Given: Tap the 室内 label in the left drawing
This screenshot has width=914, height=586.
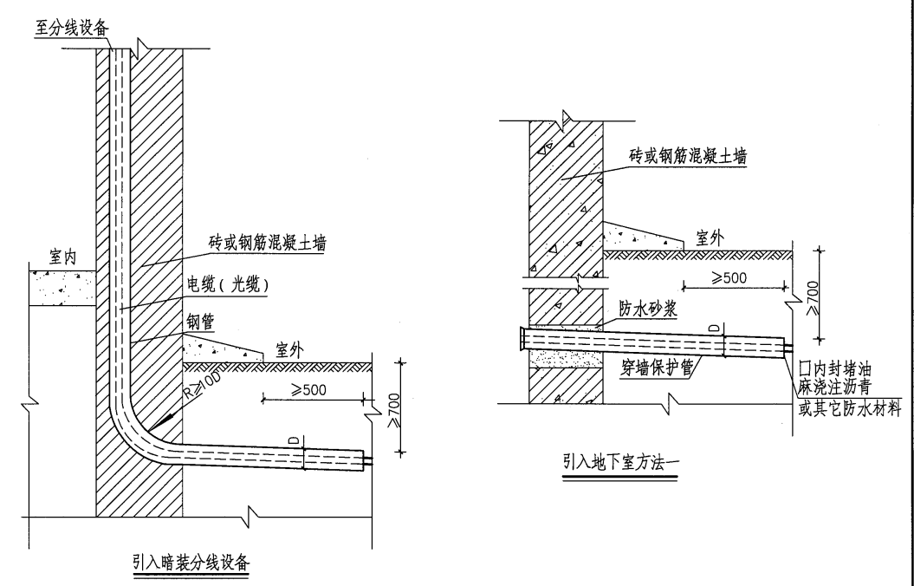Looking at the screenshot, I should coord(59,257).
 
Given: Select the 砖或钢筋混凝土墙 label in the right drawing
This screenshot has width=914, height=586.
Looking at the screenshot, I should coord(689,158).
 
